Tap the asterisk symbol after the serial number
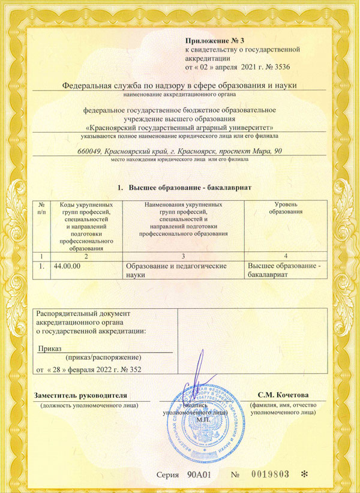[x=304, y=474]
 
